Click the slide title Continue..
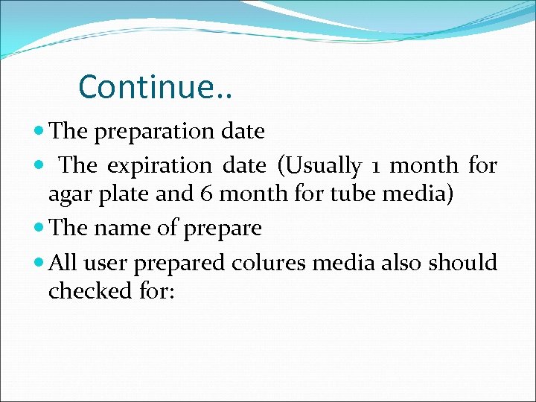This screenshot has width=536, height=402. coord(155,86)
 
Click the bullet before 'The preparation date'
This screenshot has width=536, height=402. coord(39,132)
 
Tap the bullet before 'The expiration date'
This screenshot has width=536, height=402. coord(39,165)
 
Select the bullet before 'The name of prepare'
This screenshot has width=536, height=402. coord(39,229)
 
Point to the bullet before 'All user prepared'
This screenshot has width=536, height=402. coord(39,263)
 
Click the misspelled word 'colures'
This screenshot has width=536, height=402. coord(273,262)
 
